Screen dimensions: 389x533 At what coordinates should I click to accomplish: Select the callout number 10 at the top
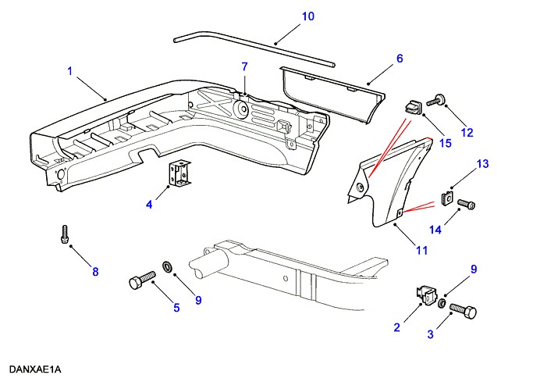pyautogui.click(x=307, y=16)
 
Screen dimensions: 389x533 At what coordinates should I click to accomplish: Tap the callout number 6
pyautogui.click(x=399, y=59)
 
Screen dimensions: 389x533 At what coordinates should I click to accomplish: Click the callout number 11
pyautogui.click(x=421, y=250)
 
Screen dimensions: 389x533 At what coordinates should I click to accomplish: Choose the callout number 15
pyautogui.click(x=446, y=142)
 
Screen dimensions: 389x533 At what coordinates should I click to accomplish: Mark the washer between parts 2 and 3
pyautogui.click(x=443, y=302)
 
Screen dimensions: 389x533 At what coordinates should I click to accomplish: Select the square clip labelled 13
pyautogui.click(x=447, y=195)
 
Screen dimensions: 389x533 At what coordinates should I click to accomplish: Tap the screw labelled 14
pyautogui.click(x=466, y=205)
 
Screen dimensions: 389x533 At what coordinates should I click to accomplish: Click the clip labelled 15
pyautogui.click(x=413, y=105)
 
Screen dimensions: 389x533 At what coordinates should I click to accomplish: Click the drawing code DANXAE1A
pyautogui.click(x=36, y=369)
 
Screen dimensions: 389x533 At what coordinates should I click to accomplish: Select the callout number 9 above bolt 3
pyautogui.click(x=472, y=269)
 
